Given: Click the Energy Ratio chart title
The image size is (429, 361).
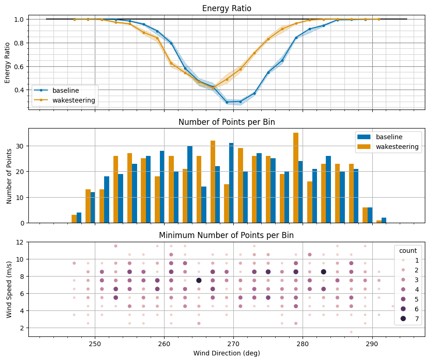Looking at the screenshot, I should (226, 9).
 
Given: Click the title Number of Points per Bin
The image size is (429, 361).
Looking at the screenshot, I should (226, 122).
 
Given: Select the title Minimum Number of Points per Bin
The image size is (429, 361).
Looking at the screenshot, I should (226, 235).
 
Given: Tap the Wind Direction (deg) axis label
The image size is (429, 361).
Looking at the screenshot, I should (226, 353).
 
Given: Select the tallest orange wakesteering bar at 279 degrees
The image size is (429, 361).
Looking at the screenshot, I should (296, 178).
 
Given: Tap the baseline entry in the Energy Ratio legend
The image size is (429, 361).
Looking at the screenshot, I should (65, 90).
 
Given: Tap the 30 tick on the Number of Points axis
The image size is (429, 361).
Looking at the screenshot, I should (20, 146).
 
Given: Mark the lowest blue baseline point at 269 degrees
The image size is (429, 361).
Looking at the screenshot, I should (227, 102).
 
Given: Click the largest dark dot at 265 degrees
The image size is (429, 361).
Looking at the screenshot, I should (199, 280).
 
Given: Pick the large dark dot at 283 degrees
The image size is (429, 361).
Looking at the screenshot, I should (323, 272).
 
